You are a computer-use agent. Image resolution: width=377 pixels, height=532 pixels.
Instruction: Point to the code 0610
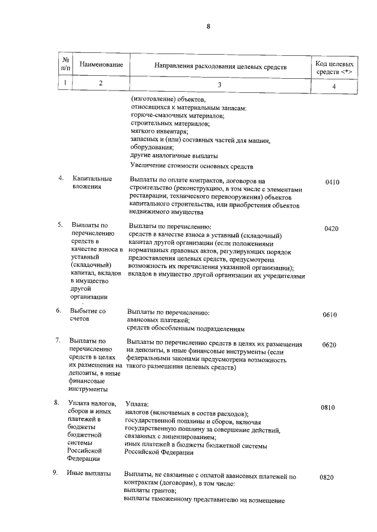(329, 315)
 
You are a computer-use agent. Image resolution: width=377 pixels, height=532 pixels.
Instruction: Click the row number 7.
(58, 340)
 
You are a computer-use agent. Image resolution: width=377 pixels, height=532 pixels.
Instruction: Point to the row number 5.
(59, 224)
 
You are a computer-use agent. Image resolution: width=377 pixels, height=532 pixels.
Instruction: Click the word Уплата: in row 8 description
(137, 404)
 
